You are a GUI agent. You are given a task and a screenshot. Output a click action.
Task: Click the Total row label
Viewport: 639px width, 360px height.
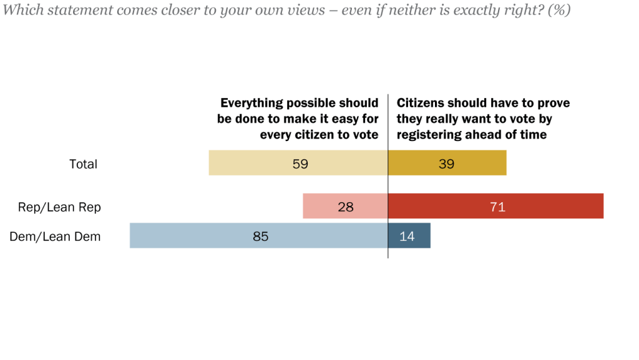[x=83, y=164]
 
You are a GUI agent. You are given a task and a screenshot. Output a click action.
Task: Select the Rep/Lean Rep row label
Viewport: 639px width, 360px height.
[x=59, y=207]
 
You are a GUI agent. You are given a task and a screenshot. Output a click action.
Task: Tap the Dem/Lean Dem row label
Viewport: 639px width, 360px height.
[x=56, y=236]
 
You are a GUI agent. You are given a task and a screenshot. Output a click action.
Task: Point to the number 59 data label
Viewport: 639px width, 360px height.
[x=301, y=164]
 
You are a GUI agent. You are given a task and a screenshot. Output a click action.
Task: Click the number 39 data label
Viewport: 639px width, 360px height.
[x=446, y=164]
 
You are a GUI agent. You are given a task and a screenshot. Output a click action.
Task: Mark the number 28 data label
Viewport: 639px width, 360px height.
[x=346, y=207]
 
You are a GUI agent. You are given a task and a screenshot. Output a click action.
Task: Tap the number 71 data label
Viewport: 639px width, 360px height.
[x=497, y=207]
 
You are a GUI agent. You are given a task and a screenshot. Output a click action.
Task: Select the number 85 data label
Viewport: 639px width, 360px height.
[x=260, y=236]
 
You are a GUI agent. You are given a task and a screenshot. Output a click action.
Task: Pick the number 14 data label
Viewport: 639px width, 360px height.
[x=406, y=236]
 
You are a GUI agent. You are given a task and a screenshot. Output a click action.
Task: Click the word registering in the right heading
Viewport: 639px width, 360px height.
[x=430, y=134]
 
